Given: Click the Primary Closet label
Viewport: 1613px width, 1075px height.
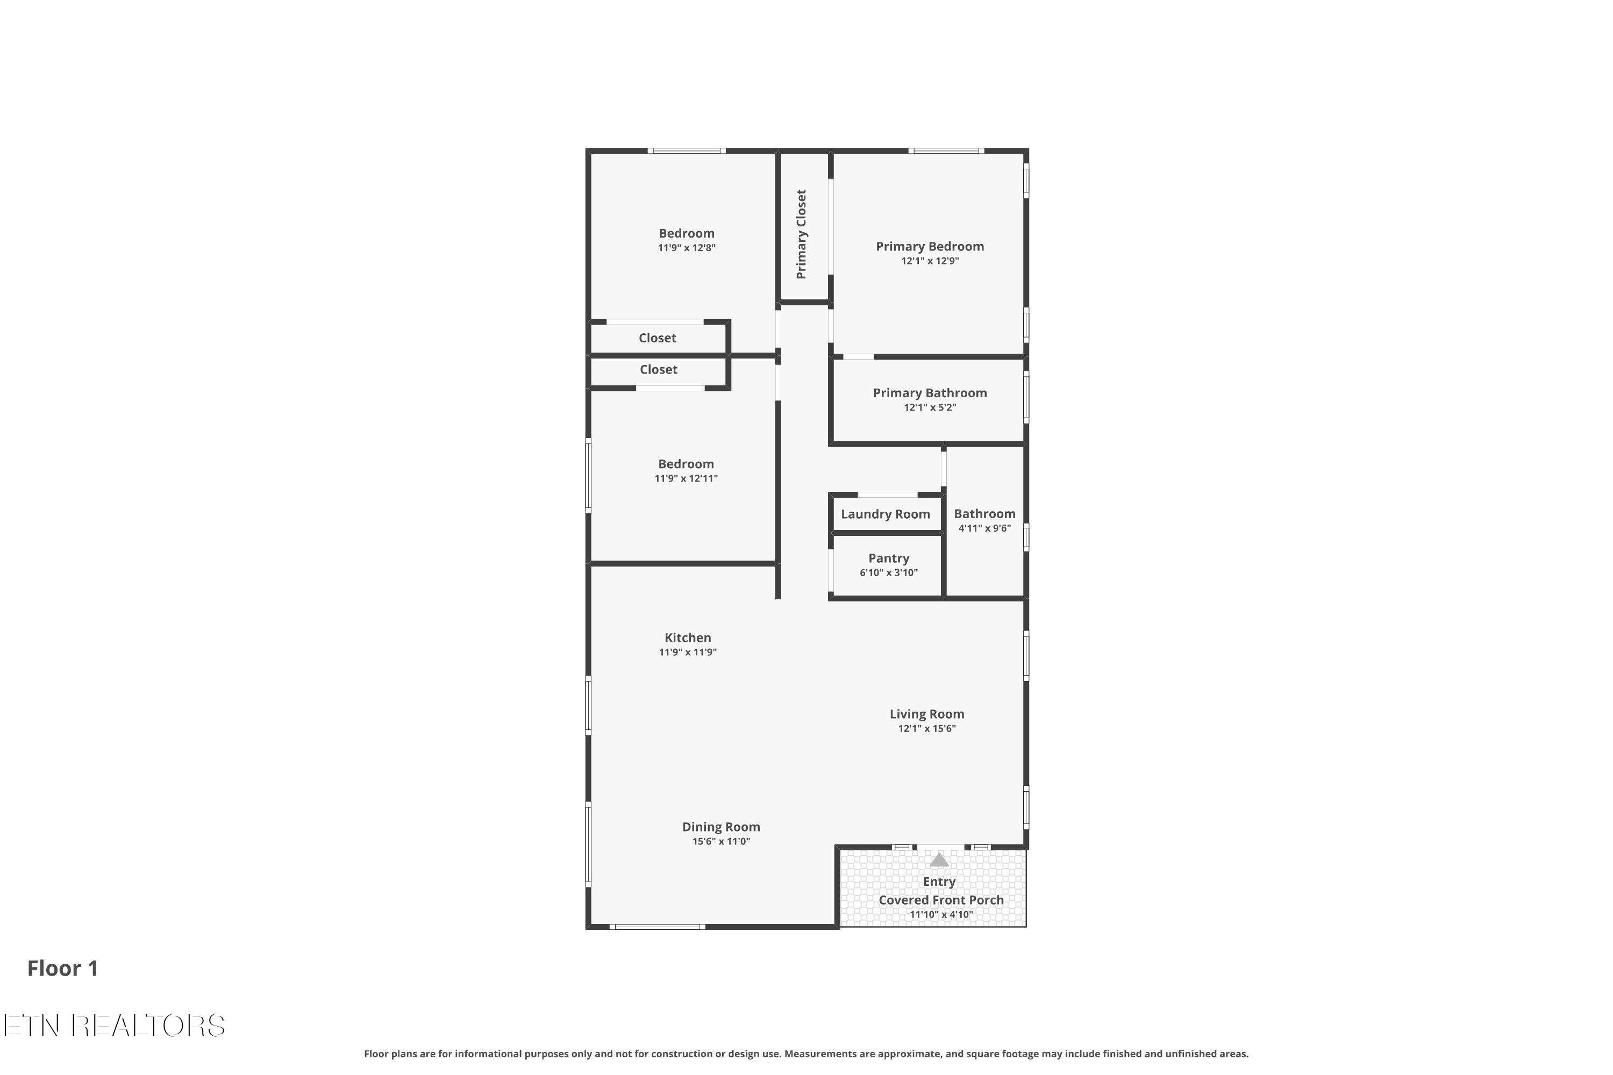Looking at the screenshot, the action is [801, 234].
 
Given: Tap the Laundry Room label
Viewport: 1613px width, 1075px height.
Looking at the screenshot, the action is [886, 514].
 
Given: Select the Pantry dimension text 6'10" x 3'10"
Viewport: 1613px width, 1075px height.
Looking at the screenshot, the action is [889, 572].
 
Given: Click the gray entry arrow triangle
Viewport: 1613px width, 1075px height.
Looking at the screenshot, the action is [939, 859].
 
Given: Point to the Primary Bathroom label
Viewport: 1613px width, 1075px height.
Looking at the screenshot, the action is [930, 393].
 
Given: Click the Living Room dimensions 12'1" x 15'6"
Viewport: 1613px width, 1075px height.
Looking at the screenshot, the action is [927, 728].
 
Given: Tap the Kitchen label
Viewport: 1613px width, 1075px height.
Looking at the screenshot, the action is [688, 637].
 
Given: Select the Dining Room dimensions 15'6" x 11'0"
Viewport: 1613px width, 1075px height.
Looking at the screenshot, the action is [722, 841].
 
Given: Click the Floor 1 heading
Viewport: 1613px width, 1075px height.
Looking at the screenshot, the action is [63, 968].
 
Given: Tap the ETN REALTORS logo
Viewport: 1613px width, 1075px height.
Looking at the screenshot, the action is [115, 1026].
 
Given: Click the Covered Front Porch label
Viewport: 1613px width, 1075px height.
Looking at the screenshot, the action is [941, 900].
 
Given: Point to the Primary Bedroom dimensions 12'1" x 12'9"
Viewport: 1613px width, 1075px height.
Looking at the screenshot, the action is [930, 261].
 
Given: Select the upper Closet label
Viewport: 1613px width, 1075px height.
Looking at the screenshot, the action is [658, 338].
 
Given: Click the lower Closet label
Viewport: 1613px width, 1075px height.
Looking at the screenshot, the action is [658, 370].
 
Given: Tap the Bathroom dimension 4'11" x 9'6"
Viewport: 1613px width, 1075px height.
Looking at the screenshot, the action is [985, 528].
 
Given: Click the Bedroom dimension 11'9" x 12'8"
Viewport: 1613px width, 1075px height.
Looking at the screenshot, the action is [687, 247].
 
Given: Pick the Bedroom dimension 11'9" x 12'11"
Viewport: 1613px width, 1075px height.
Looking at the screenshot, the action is [687, 478].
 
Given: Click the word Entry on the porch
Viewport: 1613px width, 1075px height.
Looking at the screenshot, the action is [939, 881].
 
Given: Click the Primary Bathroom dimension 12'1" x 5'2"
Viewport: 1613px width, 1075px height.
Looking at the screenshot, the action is [930, 407].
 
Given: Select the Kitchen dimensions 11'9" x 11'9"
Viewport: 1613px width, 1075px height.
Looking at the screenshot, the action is [688, 652].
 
